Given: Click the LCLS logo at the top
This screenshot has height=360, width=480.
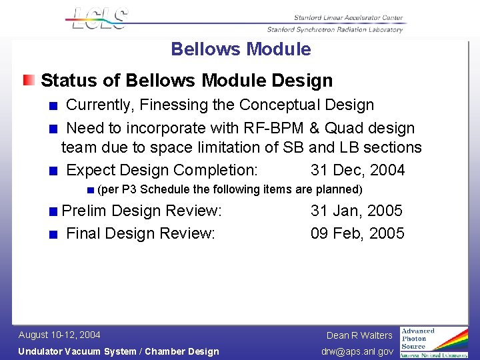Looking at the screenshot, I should click(x=97, y=18).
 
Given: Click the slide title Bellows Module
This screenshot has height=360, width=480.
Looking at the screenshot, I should click(x=241, y=49).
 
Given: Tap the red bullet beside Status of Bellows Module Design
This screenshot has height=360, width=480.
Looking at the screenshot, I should click(x=29, y=81).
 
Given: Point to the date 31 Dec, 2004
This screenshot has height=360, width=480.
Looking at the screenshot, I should click(x=357, y=170).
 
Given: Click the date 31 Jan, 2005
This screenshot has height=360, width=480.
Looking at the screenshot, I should click(x=356, y=211).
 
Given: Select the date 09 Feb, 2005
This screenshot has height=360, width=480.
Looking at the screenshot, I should click(x=357, y=233).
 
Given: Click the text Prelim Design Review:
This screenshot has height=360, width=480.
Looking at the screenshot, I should click(x=141, y=211).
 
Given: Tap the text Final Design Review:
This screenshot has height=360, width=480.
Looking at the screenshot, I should click(x=141, y=233).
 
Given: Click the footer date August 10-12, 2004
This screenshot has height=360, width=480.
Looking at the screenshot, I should click(x=59, y=335).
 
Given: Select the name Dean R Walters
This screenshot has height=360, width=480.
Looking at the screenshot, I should click(x=359, y=335).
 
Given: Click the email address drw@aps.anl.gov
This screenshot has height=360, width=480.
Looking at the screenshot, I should click(x=357, y=351).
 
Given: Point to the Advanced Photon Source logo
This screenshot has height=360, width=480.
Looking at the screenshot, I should click(x=433, y=342).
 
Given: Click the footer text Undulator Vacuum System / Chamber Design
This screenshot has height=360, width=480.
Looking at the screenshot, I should click(x=119, y=351).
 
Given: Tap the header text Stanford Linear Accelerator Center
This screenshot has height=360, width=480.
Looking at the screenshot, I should click(x=348, y=17).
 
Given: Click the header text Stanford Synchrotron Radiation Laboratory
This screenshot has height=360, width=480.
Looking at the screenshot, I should click(x=335, y=29).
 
